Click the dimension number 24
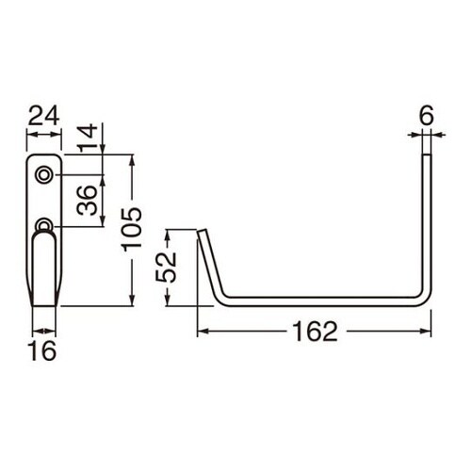tap(43, 116)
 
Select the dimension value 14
tap(87, 138)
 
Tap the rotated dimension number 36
tap(87, 201)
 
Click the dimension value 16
tap(43, 352)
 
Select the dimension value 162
tap(314, 333)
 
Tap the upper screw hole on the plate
tap(43, 175)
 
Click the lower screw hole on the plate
tap(43, 225)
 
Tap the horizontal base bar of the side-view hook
tap(320, 301)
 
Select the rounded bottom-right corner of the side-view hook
tap(426, 299)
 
